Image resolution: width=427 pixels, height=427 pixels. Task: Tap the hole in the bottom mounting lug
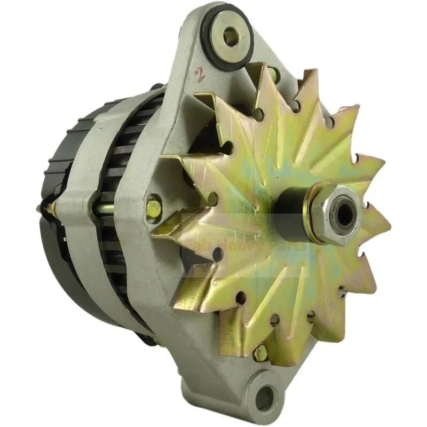tap(265, 398)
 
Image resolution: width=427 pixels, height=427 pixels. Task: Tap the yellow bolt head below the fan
tap(260, 352)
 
